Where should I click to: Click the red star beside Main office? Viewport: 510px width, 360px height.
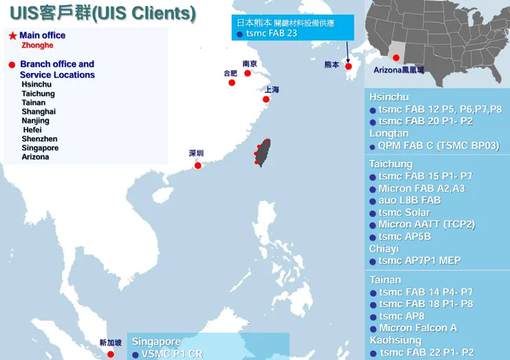[x=12, y=35]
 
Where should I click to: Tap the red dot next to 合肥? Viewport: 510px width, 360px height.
[x=232, y=83]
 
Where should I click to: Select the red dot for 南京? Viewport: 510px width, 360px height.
[x=248, y=73]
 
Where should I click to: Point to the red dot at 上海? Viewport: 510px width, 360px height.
[x=265, y=99]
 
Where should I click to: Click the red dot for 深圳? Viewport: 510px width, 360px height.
[x=198, y=165]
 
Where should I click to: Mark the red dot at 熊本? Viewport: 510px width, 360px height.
[x=348, y=66]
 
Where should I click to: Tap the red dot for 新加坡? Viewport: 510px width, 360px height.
[x=110, y=354]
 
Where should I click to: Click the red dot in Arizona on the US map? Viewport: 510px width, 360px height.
[x=396, y=58]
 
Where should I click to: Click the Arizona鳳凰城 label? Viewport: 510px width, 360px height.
[x=399, y=70]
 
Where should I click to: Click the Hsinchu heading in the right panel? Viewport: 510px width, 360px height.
[x=389, y=97]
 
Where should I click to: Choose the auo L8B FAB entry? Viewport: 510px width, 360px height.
[x=409, y=200]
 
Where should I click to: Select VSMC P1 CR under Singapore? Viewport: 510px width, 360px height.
[x=172, y=354]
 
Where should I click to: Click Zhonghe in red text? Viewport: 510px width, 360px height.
[x=37, y=46]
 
